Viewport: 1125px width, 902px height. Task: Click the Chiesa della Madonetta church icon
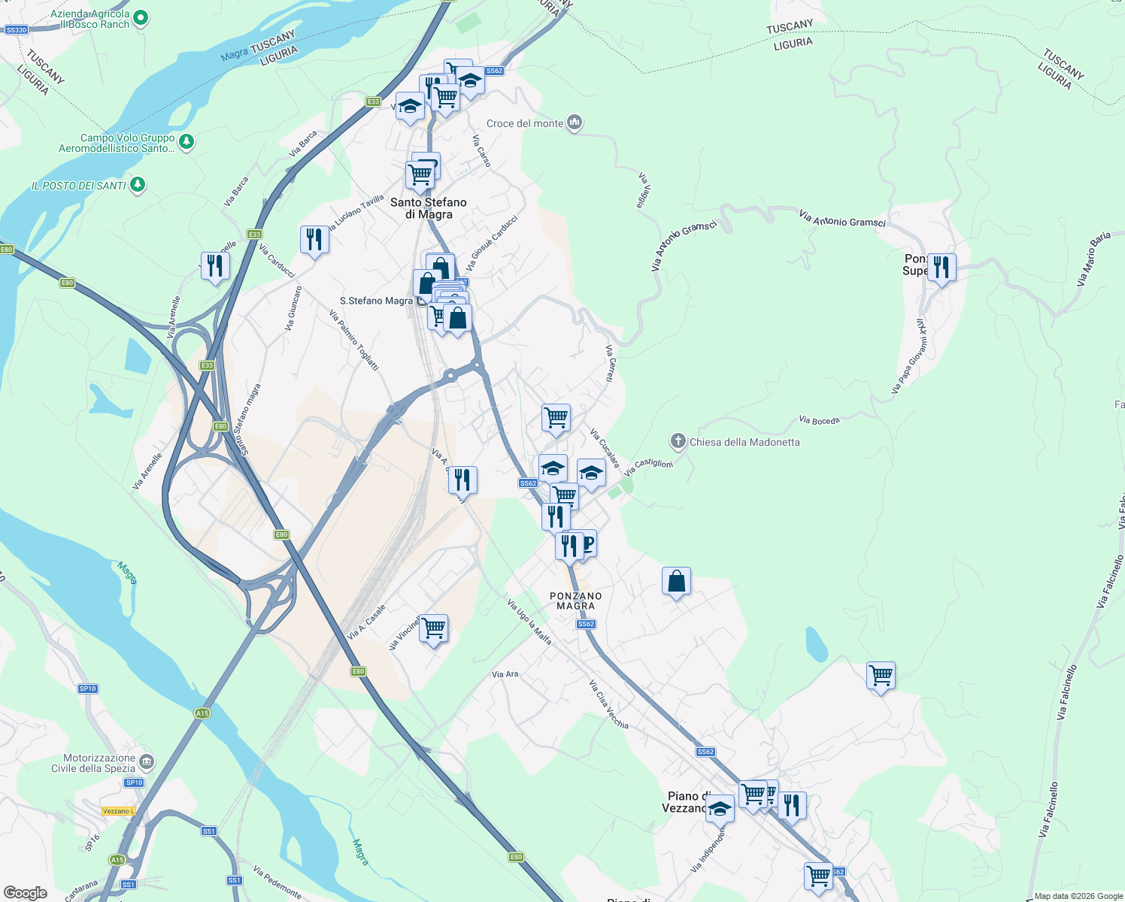point(678,441)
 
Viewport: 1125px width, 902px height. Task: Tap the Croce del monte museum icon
point(575,123)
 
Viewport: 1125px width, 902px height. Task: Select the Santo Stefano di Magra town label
point(429,208)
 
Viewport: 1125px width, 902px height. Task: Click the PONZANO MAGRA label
point(575,601)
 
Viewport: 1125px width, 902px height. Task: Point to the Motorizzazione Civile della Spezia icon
point(147,762)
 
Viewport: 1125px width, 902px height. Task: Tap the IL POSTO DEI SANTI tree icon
point(137,184)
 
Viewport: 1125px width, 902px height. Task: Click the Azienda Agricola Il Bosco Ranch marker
point(141,17)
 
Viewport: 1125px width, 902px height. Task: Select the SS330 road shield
point(16,30)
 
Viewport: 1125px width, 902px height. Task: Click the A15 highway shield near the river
point(202,713)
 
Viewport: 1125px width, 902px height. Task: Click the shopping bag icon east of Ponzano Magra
point(676,581)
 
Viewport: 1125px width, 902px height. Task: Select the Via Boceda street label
point(819,420)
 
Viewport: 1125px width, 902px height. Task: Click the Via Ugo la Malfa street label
point(529,622)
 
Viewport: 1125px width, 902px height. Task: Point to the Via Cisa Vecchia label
point(608,704)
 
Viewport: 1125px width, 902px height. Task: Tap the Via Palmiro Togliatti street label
point(354,339)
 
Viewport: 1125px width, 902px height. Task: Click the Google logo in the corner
point(25,892)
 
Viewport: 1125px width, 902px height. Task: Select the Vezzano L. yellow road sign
point(118,811)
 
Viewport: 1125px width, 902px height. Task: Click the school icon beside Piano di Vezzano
point(720,809)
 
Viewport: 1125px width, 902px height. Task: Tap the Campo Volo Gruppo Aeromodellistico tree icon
point(186,141)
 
